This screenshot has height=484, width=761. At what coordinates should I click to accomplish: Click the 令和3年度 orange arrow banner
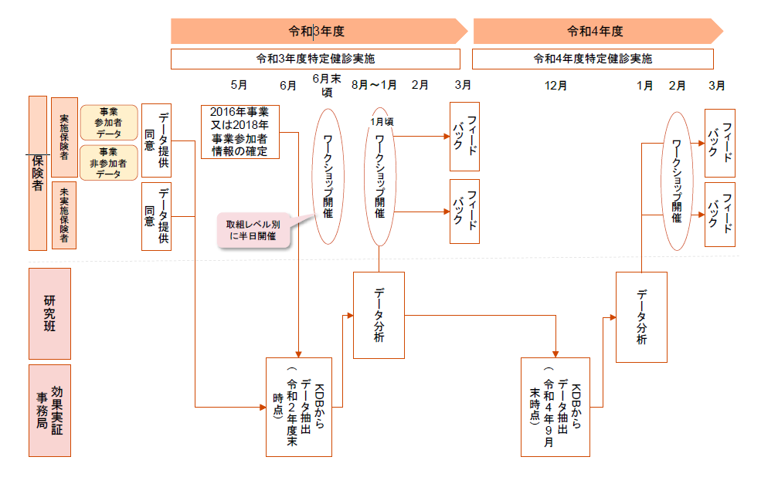pos(317,32)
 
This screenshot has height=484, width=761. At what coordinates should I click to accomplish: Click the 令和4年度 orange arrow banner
pos(595,32)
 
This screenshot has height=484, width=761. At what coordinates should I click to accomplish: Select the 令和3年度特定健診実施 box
pos(315,59)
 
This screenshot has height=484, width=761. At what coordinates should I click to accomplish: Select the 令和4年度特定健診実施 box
pos(592,59)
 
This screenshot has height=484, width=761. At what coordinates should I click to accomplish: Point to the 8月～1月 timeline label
pos(374,85)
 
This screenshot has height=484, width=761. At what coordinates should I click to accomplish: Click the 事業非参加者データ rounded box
pos(109,162)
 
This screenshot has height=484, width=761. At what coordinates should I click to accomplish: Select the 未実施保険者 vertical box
pos(64,215)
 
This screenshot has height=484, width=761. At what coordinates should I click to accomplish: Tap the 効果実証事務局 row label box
pos(49,410)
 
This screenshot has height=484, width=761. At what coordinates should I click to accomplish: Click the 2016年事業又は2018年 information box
pos(240,132)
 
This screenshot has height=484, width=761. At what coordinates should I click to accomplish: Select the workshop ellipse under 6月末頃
pos(328,177)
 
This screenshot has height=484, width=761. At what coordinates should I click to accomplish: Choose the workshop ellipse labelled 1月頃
pos(379,178)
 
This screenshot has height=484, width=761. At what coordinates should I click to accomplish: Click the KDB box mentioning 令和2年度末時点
pos(298,407)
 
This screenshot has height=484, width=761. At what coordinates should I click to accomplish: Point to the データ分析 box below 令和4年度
pos(641,316)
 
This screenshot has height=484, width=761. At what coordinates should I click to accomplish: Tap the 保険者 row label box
pos(38,173)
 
